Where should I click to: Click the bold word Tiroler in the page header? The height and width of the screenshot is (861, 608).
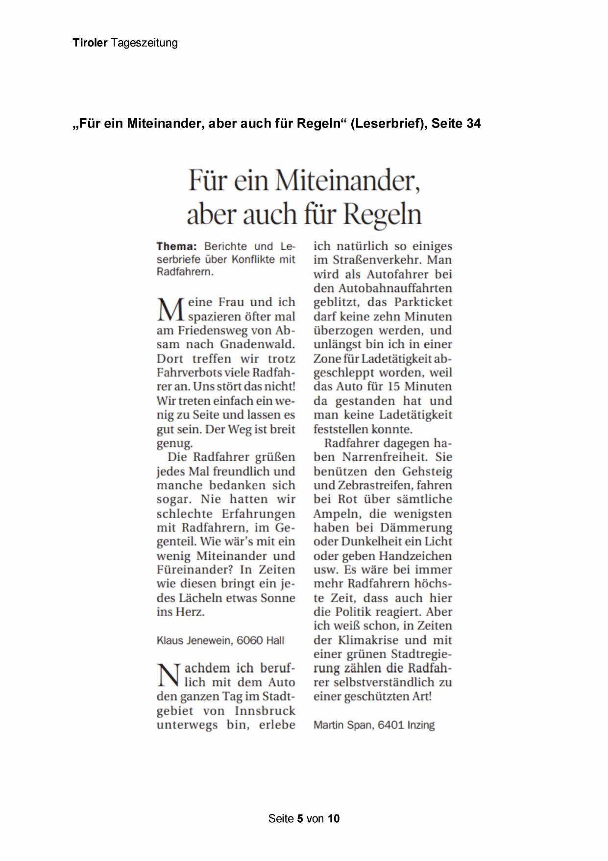point(90,43)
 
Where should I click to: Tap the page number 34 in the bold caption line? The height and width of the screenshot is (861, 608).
point(473,124)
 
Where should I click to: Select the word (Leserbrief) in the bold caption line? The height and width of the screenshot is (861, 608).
point(389,124)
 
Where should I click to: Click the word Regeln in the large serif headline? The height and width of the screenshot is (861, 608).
point(382,214)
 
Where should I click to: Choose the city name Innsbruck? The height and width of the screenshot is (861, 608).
point(265,710)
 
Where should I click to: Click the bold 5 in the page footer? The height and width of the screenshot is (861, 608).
point(300,818)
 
